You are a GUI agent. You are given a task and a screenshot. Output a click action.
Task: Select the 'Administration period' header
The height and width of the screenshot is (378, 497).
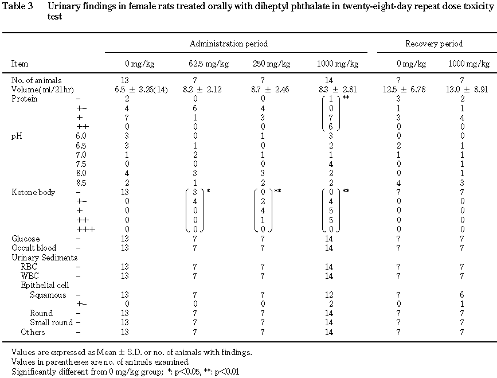(x=229, y=44)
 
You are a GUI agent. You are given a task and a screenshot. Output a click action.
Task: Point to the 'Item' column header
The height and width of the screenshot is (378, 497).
(x=19, y=64)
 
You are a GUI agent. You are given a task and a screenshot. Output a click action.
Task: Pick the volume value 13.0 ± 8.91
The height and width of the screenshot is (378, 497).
(x=443, y=90)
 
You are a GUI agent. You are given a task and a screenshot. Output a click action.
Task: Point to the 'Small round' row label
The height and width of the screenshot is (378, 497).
(x=51, y=322)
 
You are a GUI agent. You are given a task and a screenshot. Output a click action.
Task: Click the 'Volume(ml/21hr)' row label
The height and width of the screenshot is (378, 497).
(x=42, y=90)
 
